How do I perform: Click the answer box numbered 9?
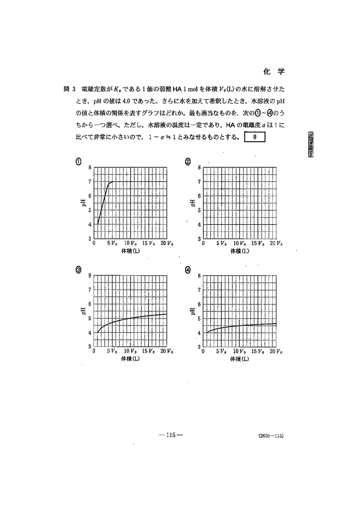[x=255, y=138]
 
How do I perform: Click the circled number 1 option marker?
[x=78, y=161]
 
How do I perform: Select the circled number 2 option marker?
[x=188, y=161]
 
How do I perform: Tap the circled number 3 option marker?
[x=78, y=269]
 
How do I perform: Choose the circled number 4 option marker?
[x=188, y=269]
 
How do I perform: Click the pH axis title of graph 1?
[x=84, y=203]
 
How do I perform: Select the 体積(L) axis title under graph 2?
[x=239, y=252]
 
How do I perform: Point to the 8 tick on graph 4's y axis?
[x=199, y=275]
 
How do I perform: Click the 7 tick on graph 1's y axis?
[x=89, y=181]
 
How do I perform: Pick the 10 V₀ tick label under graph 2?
[x=240, y=244]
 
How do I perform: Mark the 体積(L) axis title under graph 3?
[x=131, y=359]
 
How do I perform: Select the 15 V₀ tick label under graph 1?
[x=149, y=244]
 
